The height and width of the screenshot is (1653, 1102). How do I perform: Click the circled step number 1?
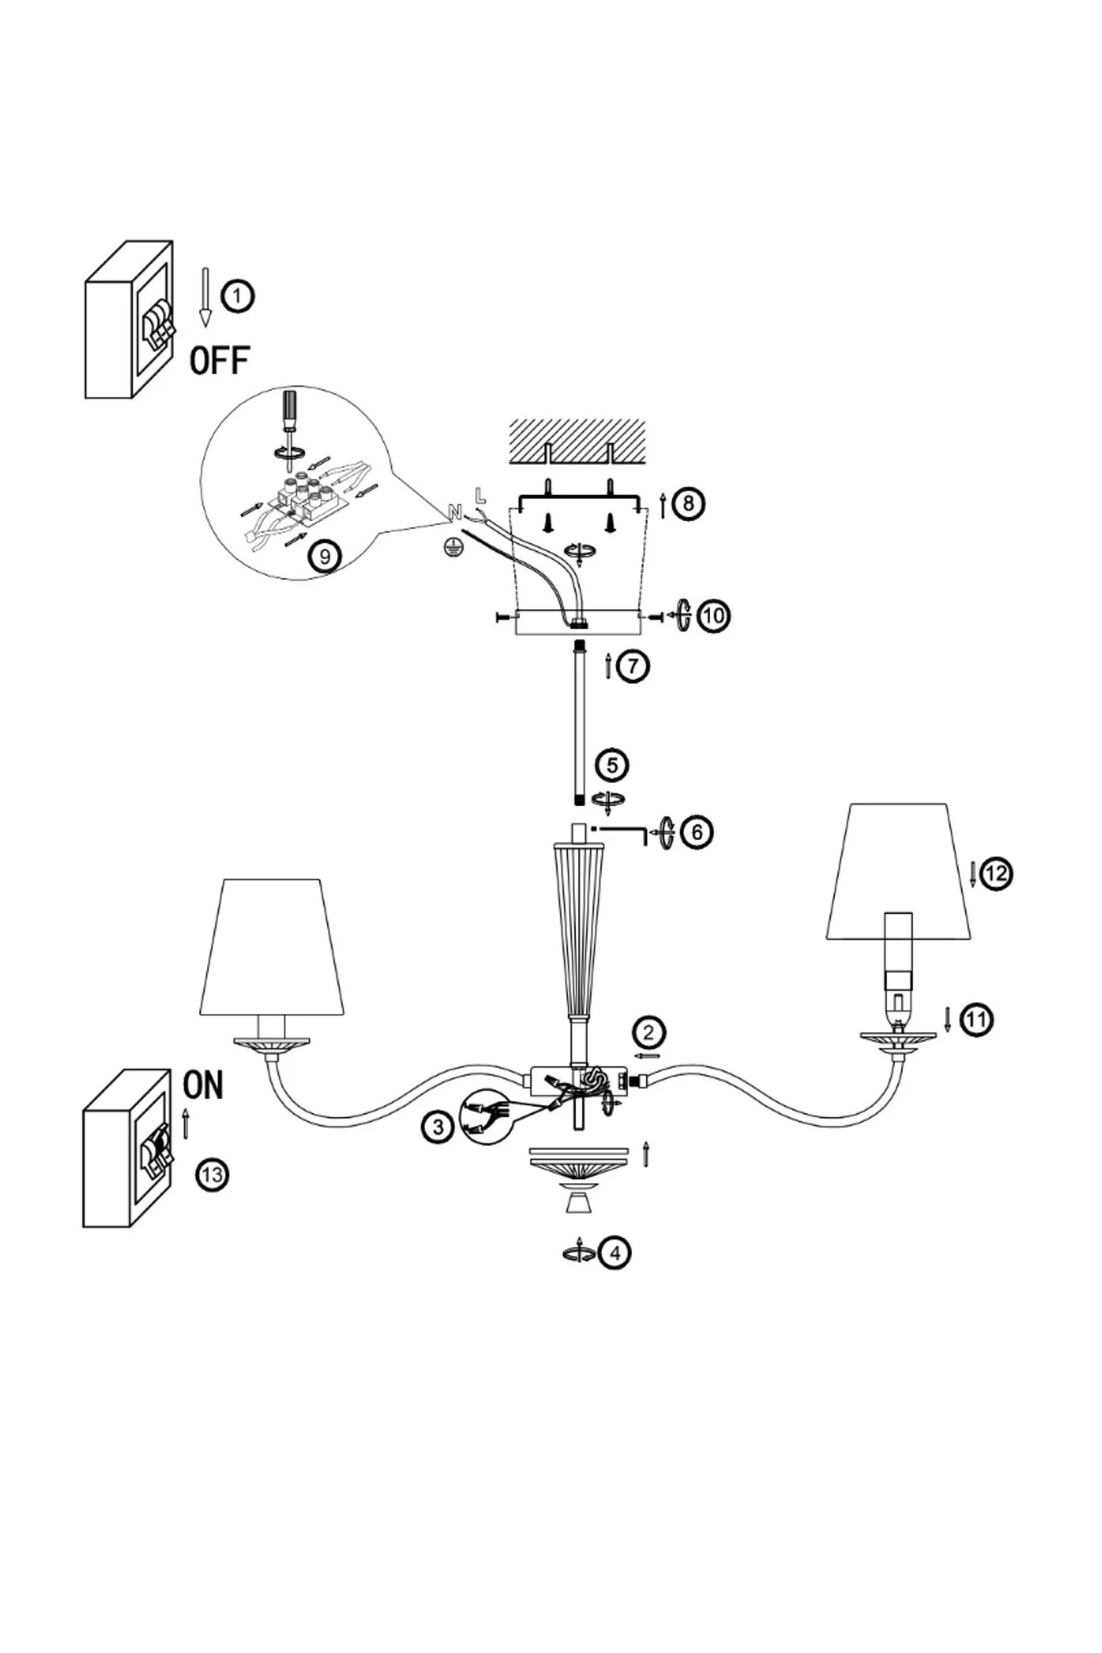tap(238, 297)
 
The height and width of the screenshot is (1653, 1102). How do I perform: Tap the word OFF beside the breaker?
tap(220, 361)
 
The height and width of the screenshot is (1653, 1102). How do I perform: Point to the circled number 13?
tap(211, 1175)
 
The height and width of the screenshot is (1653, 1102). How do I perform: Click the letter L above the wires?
tap(480, 496)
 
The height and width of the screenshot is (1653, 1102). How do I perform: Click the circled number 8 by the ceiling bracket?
tap(689, 502)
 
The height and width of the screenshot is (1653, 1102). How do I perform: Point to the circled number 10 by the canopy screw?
tap(713, 615)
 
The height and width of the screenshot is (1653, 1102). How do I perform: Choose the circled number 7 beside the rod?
tap(633, 666)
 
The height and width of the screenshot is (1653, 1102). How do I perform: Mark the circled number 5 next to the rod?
tap(612, 765)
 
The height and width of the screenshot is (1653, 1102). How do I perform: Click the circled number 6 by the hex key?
tap(697, 831)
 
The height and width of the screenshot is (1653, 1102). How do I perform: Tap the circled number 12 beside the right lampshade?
tap(996, 874)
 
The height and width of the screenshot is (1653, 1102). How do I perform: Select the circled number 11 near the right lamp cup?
tap(976, 1020)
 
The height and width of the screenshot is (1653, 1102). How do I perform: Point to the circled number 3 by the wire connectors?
tap(438, 1127)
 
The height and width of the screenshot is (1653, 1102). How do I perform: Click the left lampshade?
tap(272, 947)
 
